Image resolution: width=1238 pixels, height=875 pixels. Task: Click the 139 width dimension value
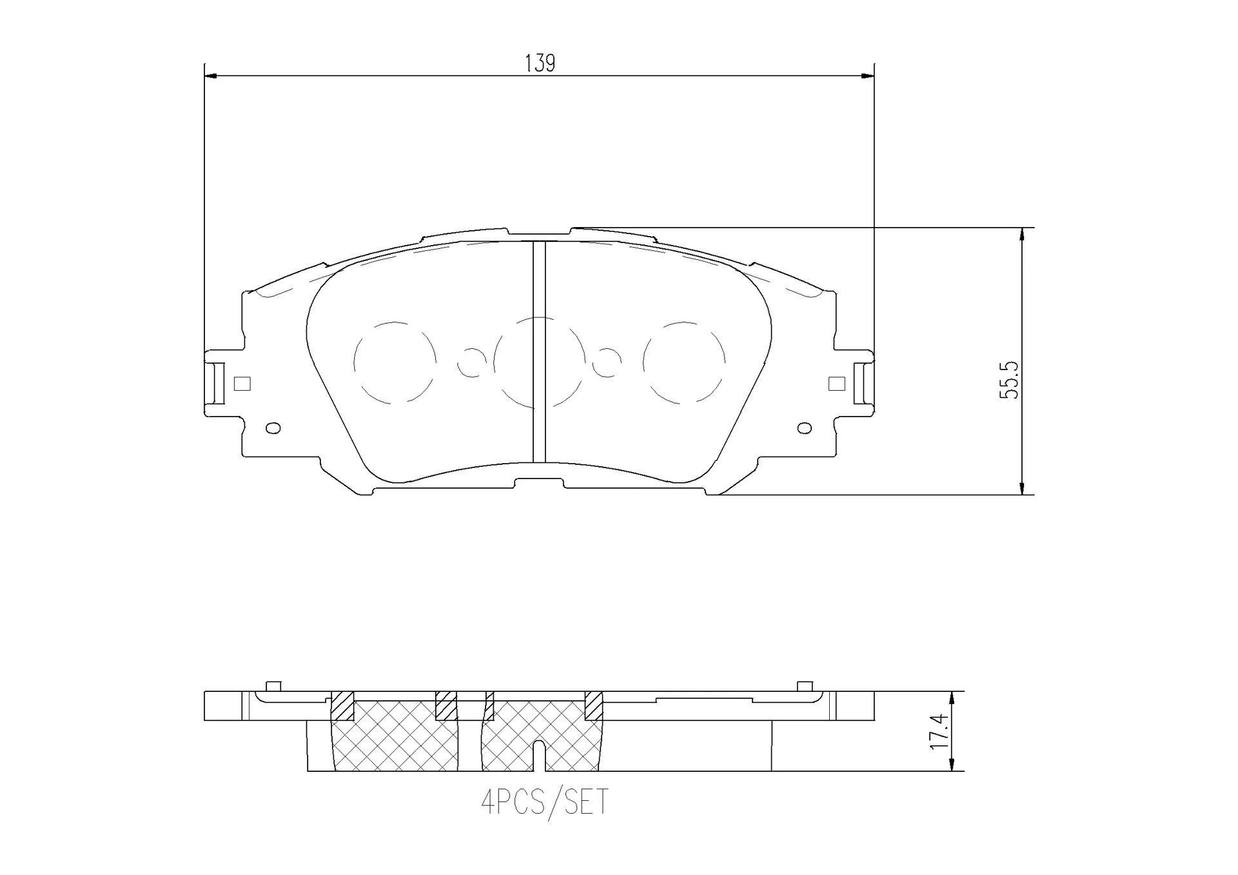coord(540,63)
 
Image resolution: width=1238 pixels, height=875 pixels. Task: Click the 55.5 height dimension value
coord(1009,380)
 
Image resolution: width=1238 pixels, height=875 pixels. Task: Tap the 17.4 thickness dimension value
coord(940,731)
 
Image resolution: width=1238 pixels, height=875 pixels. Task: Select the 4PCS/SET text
coord(545,803)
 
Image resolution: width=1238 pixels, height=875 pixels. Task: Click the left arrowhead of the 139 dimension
coord(210,76)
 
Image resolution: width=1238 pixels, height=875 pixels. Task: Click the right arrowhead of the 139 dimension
coord(868,76)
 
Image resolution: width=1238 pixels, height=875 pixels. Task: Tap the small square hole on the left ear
coord(242,384)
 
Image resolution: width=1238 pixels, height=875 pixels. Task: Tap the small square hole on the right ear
coord(836,384)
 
